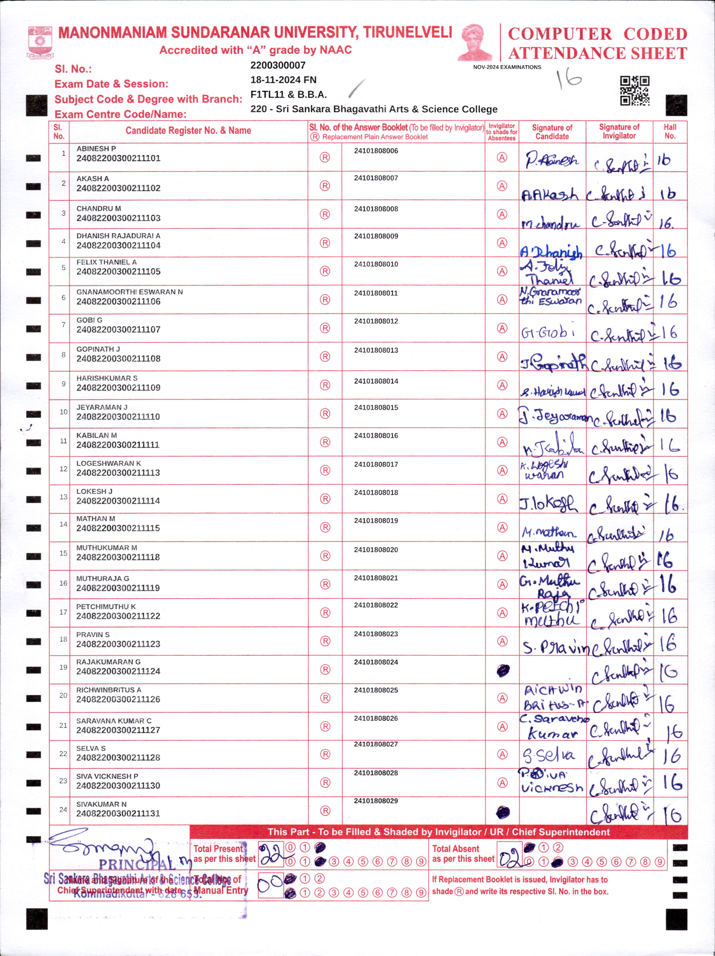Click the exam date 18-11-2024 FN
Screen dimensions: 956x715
[283, 80]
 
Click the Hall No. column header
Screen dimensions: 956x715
[670, 131]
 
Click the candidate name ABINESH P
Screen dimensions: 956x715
[96, 149]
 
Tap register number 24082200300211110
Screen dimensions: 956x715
[118, 417]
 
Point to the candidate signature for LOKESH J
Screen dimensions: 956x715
[548, 503]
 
